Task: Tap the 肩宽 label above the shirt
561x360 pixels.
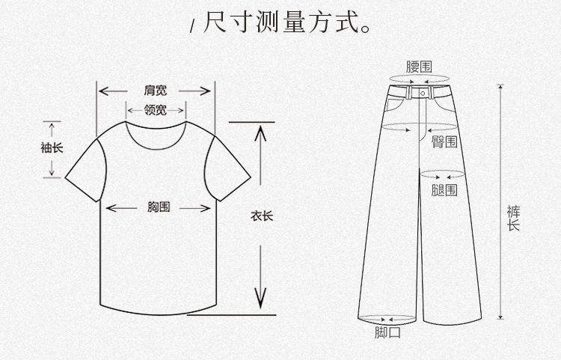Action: click(156, 91)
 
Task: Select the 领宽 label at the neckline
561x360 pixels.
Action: click(156, 111)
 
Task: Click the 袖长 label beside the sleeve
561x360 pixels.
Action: click(52, 147)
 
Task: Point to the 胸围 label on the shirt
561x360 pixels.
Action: click(159, 207)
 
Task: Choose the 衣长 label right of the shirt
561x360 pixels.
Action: click(262, 216)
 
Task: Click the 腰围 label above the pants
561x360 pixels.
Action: click(419, 67)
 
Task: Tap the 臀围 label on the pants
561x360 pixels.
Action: click(445, 141)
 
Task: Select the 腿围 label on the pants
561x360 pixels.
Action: click(444, 190)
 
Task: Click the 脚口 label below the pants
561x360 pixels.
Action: click(387, 332)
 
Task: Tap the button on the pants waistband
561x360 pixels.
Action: click(422, 93)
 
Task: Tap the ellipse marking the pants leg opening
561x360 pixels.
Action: click(387, 318)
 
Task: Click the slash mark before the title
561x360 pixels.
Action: click(192, 27)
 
